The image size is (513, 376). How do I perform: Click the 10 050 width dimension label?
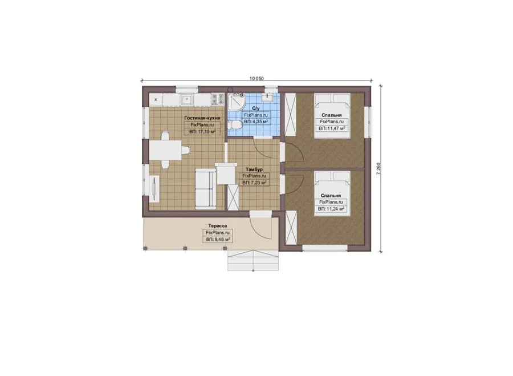pos(256,78)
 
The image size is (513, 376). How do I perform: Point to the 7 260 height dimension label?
pos(378,168)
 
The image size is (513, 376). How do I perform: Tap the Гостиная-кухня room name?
pos(202,118)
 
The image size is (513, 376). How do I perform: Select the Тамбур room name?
pos(254,169)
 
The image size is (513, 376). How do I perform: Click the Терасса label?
pos(218,226)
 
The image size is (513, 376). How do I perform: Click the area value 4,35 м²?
pos(259,122)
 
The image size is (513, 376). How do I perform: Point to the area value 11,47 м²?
pos(335,128)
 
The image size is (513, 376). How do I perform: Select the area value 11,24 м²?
pos(335,209)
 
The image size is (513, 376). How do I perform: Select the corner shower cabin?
pos(236,102)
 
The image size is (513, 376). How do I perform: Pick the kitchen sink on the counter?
pos(187,100)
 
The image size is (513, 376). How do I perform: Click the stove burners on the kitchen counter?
pos(218,100)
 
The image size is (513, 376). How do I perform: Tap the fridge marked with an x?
pos(156,100)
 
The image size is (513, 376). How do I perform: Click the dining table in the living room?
pos(165,150)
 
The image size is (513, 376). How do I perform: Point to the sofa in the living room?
pos(206,189)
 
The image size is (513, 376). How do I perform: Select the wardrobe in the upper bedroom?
pos(291,114)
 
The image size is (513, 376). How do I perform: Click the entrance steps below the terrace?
pos(253,260)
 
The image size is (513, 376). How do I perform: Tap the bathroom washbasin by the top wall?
pos(268,96)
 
